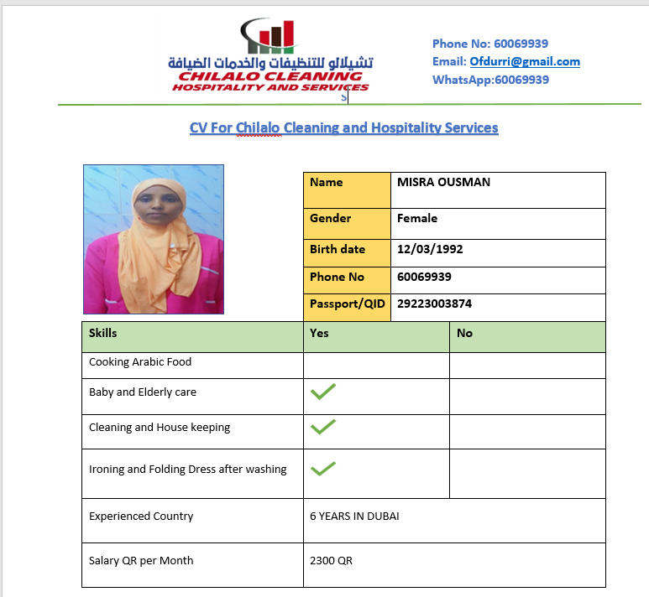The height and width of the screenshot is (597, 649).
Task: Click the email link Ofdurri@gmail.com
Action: click(x=525, y=62)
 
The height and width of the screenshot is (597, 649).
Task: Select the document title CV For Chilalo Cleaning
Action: click(x=343, y=128)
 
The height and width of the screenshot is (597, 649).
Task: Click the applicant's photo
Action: click(x=154, y=239)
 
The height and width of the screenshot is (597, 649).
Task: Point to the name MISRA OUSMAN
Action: click(x=443, y=183)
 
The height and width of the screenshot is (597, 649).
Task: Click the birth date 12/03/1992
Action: click(x=430, y=250)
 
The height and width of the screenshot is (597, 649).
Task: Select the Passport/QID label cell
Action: click(x=348, y=304)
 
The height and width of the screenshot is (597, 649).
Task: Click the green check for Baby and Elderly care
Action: click(x=323, y=392)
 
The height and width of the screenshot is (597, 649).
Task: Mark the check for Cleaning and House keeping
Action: click(x=323, y=427)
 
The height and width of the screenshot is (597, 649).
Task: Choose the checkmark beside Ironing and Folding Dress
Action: click(x=323, y=469)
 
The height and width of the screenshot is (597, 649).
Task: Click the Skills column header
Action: click(x=103, y=334)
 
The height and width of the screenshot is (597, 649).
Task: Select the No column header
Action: click(x=464, y=334)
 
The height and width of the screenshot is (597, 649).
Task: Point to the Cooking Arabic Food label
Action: click(x=140, y=362)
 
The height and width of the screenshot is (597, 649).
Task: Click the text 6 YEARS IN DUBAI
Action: click(x=354, y=517)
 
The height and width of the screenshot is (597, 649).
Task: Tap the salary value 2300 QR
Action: click(x=331, y=561)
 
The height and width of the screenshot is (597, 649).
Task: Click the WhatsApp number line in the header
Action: click(x=490, y=80)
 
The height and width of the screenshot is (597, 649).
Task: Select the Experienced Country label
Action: click(x=141, y=517)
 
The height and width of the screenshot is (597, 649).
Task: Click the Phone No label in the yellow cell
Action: click(x=338, y=278)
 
